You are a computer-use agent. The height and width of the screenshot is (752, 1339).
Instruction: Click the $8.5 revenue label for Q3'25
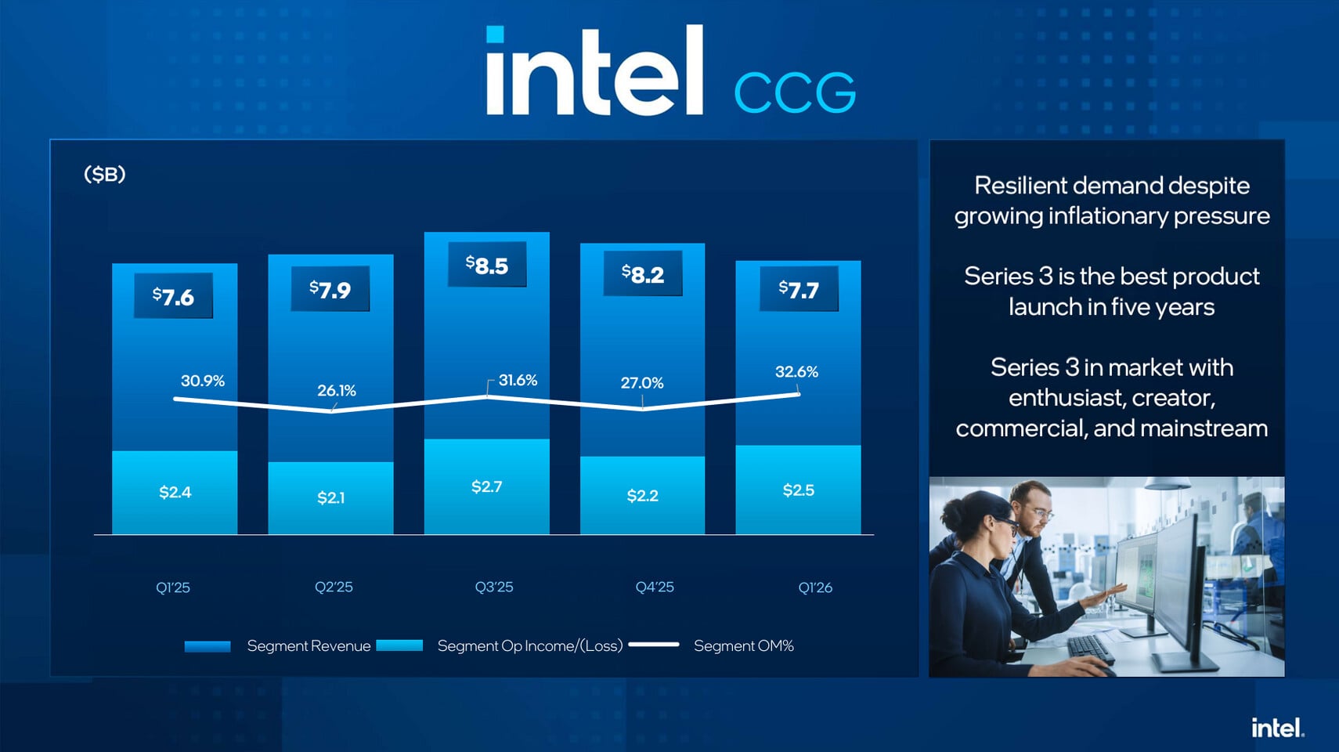(487, 265)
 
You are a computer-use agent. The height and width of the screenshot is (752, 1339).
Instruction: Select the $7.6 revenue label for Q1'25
(173, 296)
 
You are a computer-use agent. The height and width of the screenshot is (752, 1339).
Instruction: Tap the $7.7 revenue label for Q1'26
(799, 290)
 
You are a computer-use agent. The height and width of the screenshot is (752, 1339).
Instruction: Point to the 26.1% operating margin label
(337, 390)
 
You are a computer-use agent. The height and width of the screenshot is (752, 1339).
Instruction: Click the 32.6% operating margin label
(796, 371)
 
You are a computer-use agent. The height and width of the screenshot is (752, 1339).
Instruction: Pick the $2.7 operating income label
(486, 486)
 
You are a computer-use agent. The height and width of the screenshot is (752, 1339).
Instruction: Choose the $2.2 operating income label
(642, 495)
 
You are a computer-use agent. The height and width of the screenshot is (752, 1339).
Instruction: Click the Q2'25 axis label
(334, 587)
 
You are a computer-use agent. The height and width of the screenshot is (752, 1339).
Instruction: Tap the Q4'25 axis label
(655, 587)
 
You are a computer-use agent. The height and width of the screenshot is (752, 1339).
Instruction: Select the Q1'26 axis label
(815, 587)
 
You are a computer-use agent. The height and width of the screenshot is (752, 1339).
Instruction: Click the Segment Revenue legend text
(309, 645)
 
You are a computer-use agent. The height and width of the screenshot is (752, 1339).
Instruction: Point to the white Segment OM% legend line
(653, 645)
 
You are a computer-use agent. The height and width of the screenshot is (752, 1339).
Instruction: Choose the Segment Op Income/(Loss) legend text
(530, 645)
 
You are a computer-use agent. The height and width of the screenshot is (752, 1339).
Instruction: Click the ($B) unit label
(105, 174)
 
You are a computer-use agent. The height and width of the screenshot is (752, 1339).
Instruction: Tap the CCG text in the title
(795, 93)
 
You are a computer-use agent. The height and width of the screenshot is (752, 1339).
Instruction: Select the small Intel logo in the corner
(1277, 728)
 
